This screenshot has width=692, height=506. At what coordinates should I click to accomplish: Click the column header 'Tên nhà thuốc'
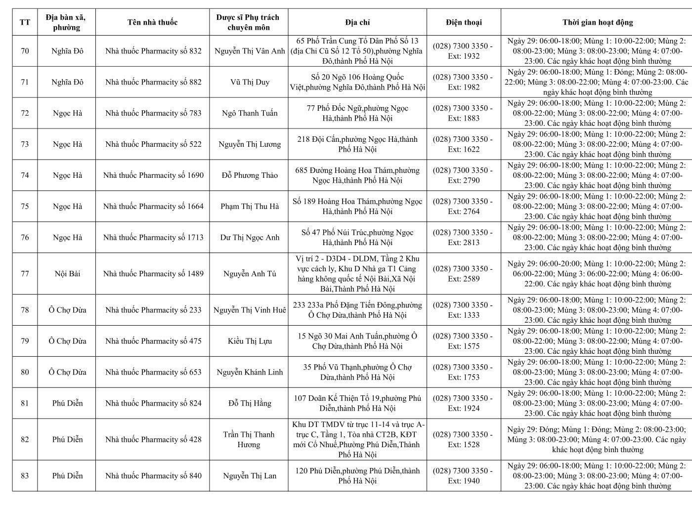[x=152, y=22]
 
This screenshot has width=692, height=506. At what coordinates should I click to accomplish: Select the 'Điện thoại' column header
[x=463, y=22]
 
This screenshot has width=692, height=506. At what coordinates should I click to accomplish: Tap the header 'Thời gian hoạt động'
[x=597, y=22]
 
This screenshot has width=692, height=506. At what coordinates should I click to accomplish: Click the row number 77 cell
[x=25, y=274]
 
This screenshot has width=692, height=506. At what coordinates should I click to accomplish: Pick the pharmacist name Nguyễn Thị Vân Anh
[x=250, y=51]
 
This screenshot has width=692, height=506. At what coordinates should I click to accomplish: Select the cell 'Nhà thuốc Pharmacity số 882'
[x=153, y=82]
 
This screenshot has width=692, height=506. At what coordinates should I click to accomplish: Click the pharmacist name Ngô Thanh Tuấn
[x=250, y=113]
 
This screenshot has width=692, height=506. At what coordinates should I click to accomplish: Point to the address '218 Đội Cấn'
[x=357, y=144]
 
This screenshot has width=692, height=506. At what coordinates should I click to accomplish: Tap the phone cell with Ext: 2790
[x=463, y=175]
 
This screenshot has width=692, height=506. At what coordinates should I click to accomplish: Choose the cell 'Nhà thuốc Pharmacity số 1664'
[x=153, y=207]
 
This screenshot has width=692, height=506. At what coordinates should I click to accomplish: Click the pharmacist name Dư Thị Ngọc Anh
[x=250, y=238]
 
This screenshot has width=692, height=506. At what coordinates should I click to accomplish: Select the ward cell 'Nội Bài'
[x=67, y=274]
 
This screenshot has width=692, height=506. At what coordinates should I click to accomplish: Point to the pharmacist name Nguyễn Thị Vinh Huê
[x=250, y=310]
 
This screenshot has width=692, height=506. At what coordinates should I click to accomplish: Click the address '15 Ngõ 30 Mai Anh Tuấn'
[x=357, y=341]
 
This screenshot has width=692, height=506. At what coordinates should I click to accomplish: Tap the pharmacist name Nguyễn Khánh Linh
[x=250, y=372]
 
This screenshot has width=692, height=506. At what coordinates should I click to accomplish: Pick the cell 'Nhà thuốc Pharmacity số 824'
[x=153, y=403]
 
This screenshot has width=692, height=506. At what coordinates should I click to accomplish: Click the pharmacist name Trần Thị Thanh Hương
[x=249, y=439]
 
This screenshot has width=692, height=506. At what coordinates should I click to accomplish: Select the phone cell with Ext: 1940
[x=463, y=476]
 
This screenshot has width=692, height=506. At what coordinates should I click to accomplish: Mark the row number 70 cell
[x=25, y=51]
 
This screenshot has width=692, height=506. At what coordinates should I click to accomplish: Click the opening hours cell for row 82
[x=597, y=439]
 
